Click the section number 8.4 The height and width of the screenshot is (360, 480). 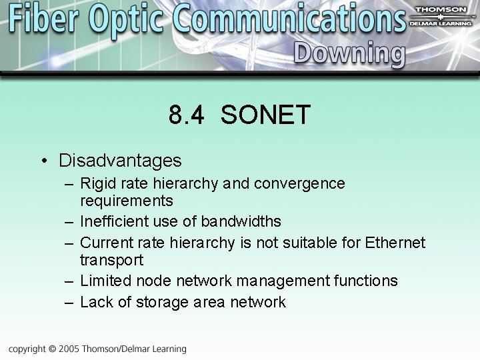[x=188, y=115]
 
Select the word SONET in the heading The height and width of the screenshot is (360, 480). [x=265, y=115]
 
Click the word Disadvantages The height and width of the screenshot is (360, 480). [x=120, y=161]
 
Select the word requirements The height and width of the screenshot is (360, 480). [x=126, y=201]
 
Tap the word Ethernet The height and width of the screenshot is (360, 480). [x=395, y=243]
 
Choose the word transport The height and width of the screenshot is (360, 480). [x=111, y=260]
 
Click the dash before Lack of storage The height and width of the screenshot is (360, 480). [x=69, y=303]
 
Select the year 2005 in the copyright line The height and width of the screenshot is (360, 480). [x=68, y=349]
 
